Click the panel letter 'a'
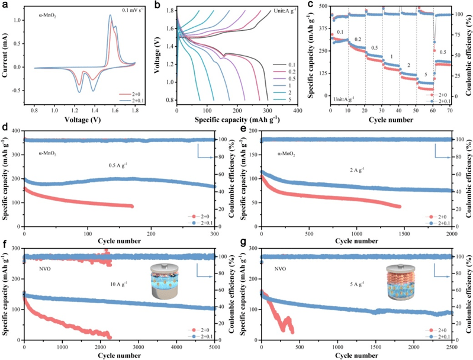(x=4, y=5)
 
